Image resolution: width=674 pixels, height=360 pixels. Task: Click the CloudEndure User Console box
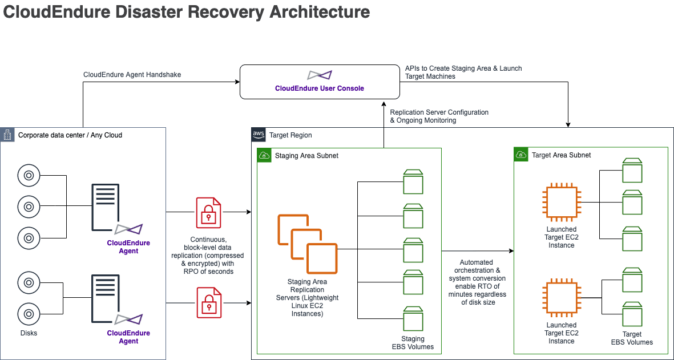[x=320, y=82]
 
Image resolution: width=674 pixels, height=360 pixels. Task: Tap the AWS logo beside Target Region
[x=259, y=135]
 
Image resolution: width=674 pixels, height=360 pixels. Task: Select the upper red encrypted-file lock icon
[x=208, y=212]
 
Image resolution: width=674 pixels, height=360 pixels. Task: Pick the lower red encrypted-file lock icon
[x=209, y=303]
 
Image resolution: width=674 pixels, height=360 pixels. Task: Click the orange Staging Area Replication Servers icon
[x=308, y=244]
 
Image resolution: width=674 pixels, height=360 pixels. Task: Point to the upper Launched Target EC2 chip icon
[x=562, y=202]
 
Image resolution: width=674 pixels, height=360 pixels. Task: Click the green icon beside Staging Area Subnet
[x=264, y=155]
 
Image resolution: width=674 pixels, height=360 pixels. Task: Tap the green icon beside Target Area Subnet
[x=520, y=155]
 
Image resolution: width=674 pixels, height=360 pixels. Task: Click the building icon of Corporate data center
[x=7, y=135]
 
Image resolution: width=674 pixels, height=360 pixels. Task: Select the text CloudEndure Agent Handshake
[x=132, y=75]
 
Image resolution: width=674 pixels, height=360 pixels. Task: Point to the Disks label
[x=29, y=333]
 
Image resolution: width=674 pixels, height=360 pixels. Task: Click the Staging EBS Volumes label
[x=413, y=343]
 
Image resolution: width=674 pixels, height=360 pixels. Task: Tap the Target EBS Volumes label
[x=632, y=338]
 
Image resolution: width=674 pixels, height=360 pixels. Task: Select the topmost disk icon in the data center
[x=29, y=175]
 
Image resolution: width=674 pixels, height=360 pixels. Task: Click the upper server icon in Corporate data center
[x=106, y=208]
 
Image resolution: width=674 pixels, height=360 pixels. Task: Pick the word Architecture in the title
[x=320, y=11]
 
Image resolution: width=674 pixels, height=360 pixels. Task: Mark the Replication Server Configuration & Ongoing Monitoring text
[x=439, y=116]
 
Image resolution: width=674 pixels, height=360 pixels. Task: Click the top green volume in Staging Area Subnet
[x=413, y=182]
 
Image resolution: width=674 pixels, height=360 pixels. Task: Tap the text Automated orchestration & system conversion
[x=477, y=270]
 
